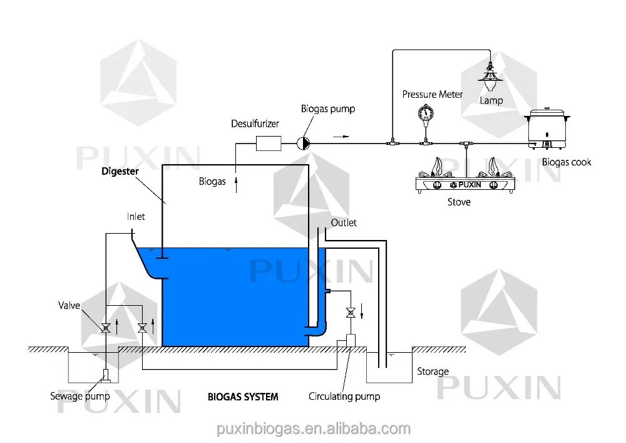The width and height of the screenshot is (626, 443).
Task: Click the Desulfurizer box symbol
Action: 270,143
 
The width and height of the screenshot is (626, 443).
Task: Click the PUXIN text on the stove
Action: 468,184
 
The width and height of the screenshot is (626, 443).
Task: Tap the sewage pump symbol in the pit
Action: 106,376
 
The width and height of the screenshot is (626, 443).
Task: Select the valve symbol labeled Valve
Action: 106,327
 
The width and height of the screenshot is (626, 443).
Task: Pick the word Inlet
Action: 135,217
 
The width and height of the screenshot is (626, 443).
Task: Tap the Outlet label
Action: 344,222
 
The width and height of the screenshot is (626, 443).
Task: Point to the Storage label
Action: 433,372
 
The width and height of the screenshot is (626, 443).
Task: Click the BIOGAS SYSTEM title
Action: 243,397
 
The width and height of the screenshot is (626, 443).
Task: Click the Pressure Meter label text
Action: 432,95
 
